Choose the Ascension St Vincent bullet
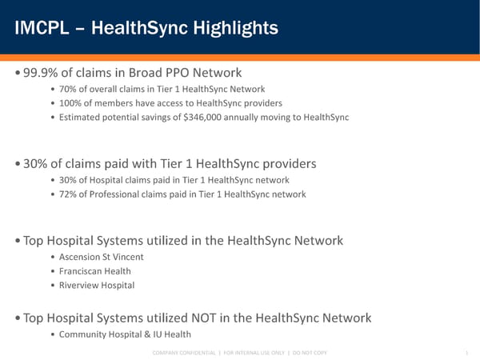pyautogui.click(x=102, y=257)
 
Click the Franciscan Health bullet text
pyautogui.click(x=95, y=271)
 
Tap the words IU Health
pyautogui.click(x=169, y=334)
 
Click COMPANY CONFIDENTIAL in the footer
pyautogui.click(x=182, y=353)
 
